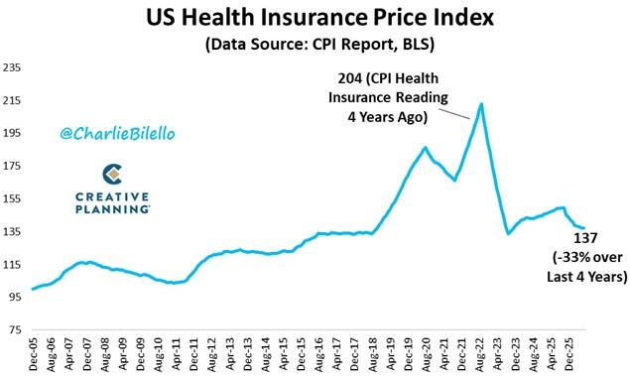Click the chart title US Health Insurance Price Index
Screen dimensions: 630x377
pos(319,18)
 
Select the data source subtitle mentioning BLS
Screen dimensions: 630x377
pos(319,45)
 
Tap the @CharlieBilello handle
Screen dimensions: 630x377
pos(117,133)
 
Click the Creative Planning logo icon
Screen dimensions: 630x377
pos(112,175)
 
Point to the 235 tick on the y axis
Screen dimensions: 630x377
pos(12,67)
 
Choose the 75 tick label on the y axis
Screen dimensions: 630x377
pos(15,330)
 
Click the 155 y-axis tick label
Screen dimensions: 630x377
pos(12,199)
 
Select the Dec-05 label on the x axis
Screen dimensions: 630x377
pos(34,354)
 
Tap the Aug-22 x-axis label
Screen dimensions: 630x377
pos(480,354)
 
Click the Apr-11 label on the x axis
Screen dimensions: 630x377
pos(177,354)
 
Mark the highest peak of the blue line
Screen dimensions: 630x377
pos(481,104)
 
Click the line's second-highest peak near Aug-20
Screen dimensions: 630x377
pos(425,148)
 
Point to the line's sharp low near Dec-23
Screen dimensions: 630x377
pos(508,233)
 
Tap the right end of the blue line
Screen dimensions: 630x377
pos(583,228)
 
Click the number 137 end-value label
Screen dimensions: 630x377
pos(585,238)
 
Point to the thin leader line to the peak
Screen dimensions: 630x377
pos(453,114)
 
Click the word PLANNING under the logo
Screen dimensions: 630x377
pos(112,209)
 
